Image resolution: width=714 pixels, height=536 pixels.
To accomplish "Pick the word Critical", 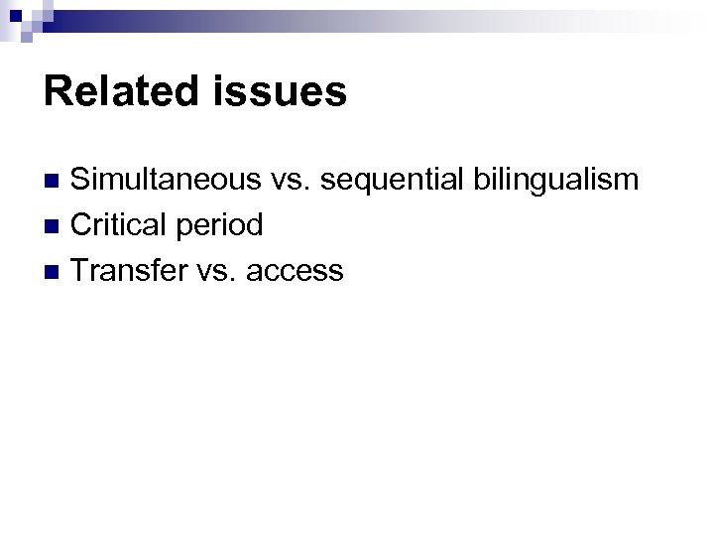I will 119,224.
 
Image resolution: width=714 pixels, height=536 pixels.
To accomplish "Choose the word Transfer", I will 127,269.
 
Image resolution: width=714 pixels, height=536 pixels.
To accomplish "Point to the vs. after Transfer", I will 213,270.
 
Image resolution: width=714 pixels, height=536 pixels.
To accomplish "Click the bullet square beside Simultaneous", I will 56,182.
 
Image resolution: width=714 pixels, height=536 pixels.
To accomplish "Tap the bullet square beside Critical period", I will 56,226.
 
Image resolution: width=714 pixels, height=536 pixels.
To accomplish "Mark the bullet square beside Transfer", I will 56,271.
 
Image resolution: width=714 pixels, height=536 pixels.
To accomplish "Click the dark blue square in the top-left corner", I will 14,13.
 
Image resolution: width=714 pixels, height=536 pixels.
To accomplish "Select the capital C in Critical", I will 83,224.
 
